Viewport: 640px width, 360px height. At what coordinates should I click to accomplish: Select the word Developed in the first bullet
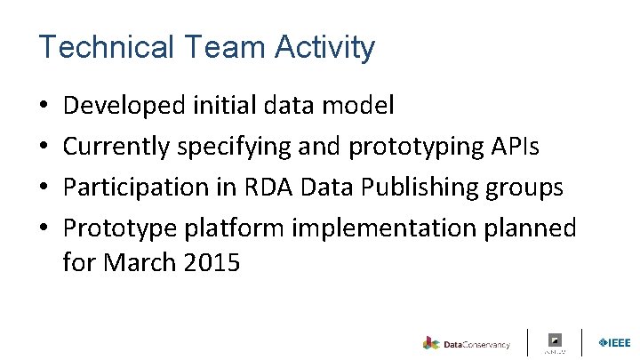point(124,107)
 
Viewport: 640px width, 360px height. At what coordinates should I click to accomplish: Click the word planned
point(532,228)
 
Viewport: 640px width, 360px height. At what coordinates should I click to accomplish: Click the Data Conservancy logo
point(467,343)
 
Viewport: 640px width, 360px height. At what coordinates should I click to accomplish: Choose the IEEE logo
point(614,342)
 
